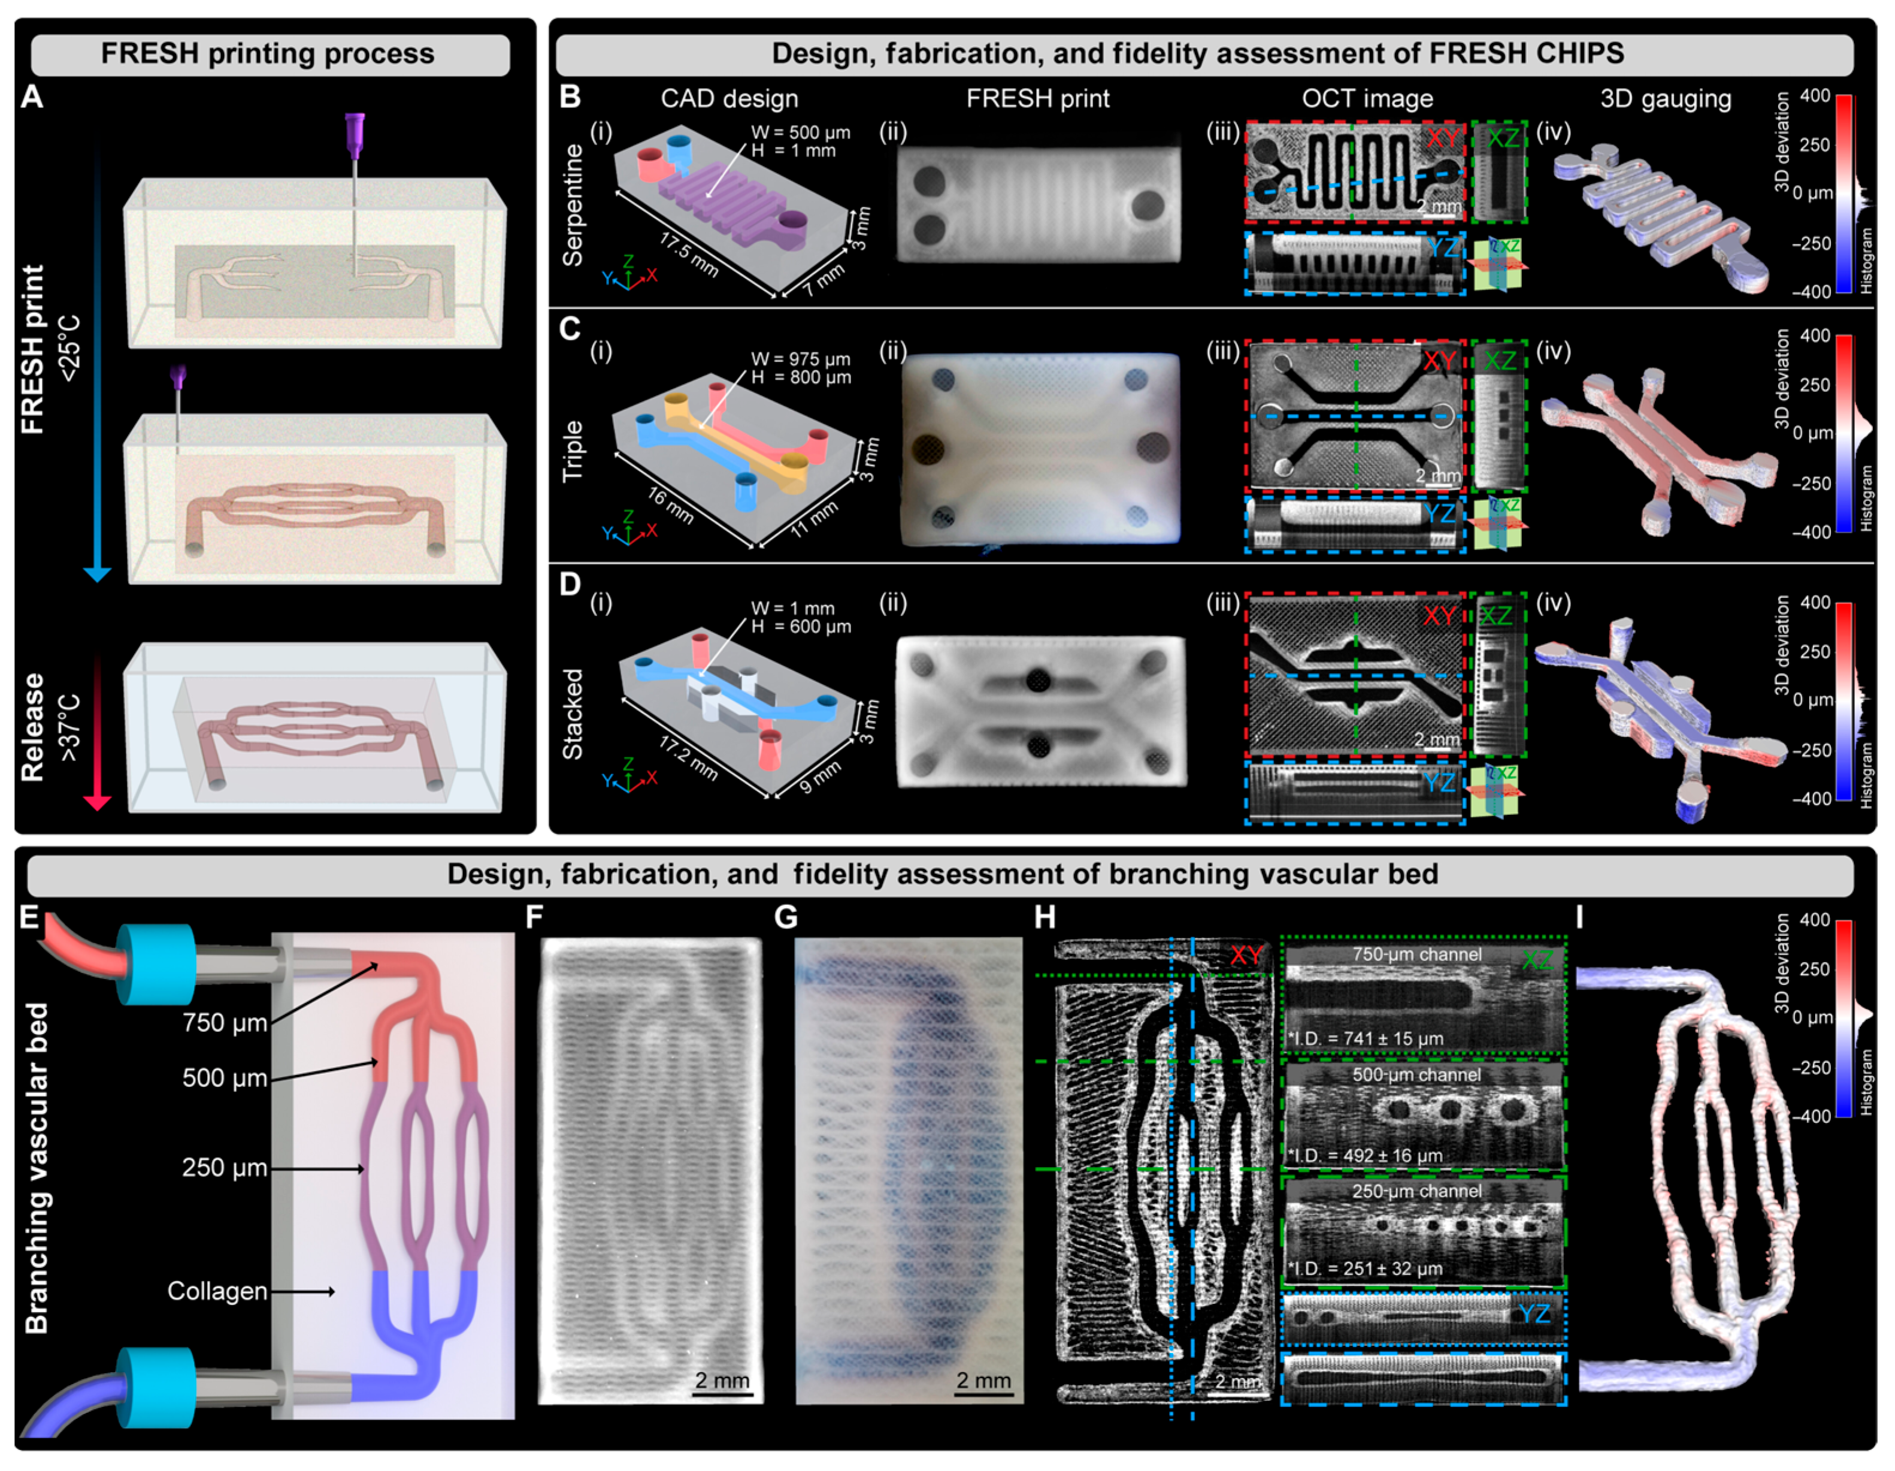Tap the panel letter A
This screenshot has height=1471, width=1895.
coord(32,96)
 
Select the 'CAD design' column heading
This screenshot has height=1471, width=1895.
coord(729,99)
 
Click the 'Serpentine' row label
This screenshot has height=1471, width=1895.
coord(573,205)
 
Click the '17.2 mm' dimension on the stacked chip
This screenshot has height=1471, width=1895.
coord(688,757)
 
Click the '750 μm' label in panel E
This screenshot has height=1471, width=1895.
coord(225,1022)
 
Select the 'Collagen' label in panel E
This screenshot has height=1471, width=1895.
coord(217,1291)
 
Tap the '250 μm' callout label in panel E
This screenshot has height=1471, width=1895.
coord(225,1167)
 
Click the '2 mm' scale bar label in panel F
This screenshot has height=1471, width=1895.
coord(722,1380)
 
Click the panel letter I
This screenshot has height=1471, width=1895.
coord(1580,917)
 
